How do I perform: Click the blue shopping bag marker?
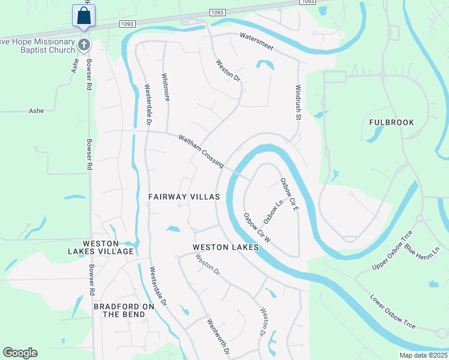84,16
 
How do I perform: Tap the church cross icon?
85,44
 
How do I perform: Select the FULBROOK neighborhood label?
391,122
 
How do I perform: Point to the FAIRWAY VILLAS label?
184,197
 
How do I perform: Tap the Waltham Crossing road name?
200,151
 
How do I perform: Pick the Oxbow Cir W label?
258,227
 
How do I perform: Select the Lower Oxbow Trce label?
393,312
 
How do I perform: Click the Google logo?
20,353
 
